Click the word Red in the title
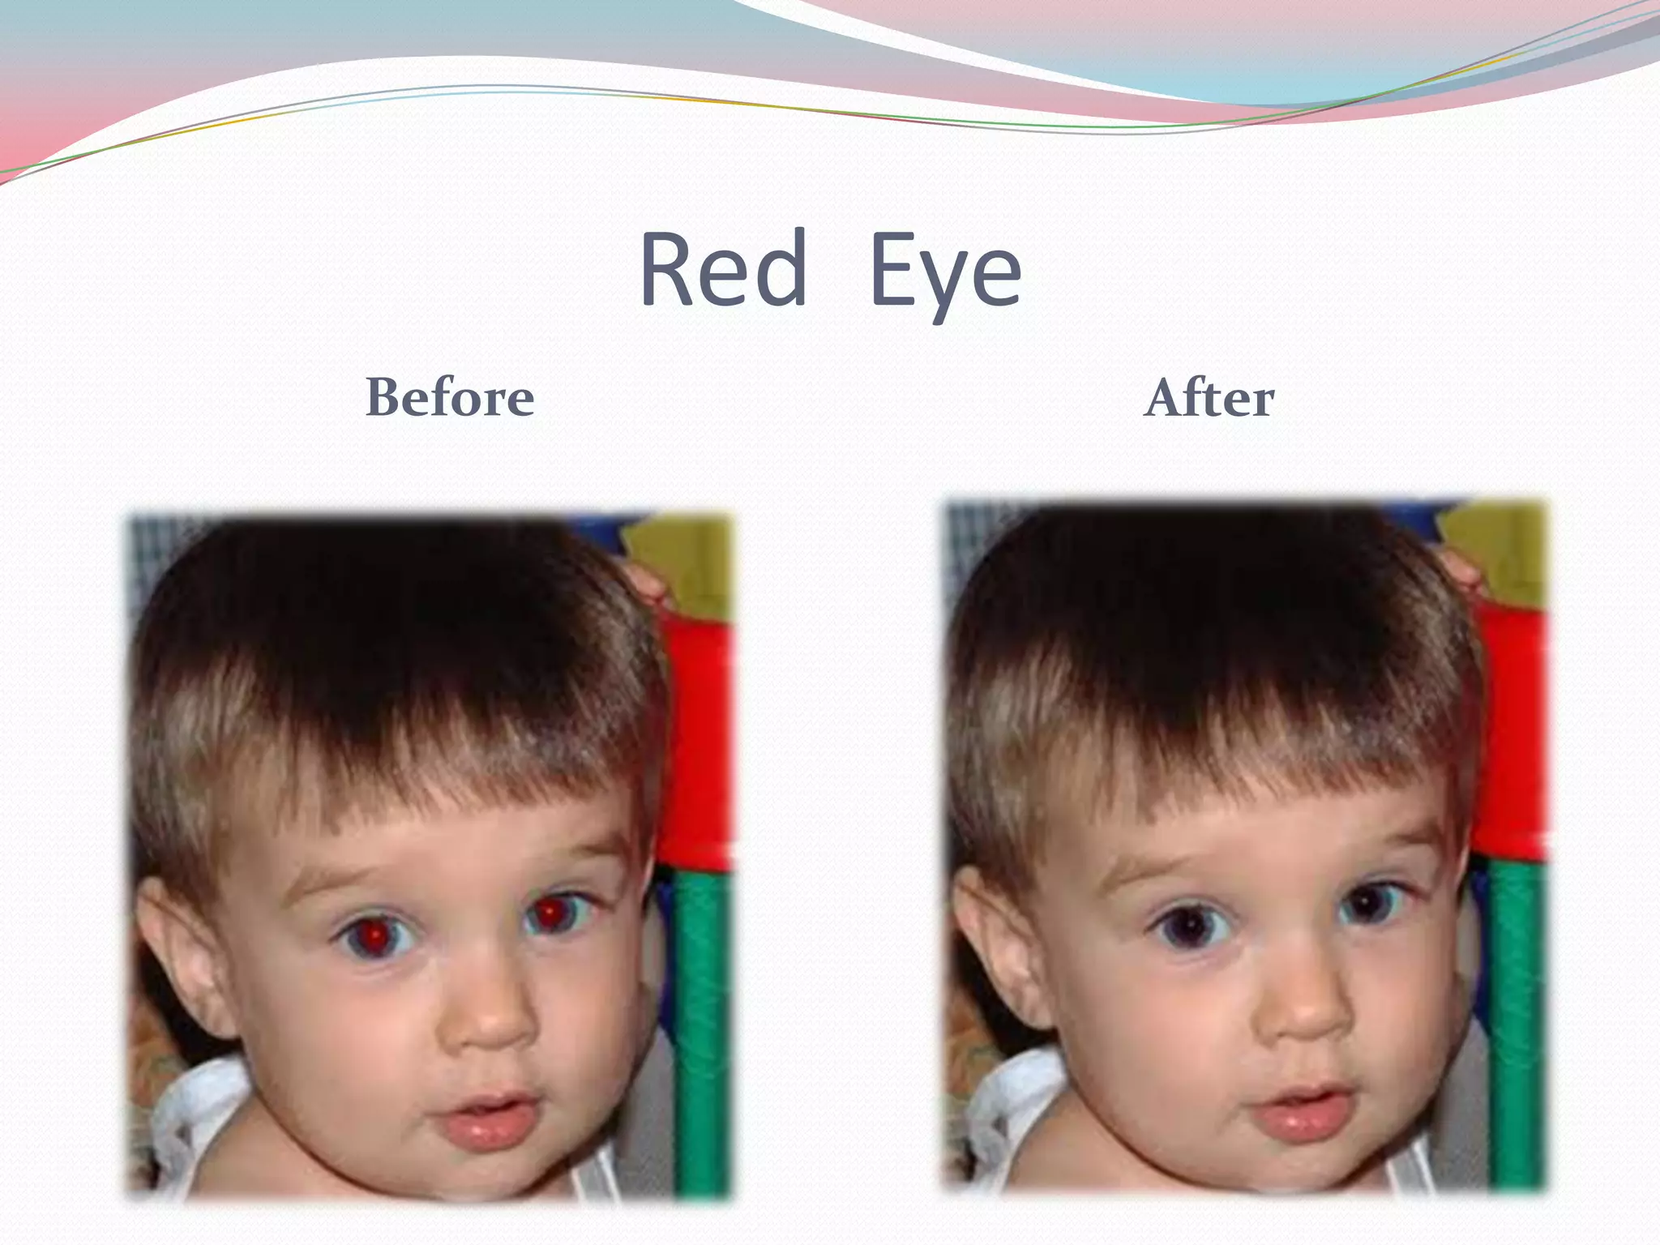(723, 269)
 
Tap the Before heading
(450, 397)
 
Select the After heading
(1209, 397)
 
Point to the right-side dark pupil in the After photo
(1368, 903)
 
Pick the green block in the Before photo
(702, 1029)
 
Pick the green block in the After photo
(1517, 1021)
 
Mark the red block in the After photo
(1514, 729)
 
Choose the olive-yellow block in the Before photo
(686, 559)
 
